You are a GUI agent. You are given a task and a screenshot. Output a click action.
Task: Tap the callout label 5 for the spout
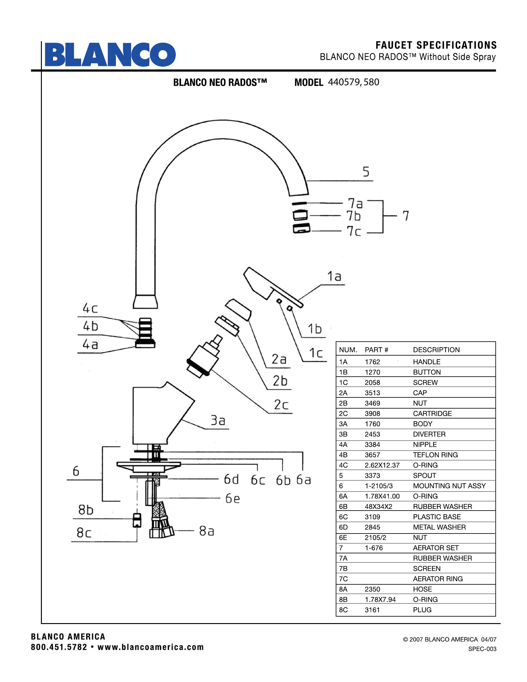tap(366, 172)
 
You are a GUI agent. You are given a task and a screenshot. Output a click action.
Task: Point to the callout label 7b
tap(354, 216)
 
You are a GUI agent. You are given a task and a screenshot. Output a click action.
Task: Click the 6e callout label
tap(232, 499)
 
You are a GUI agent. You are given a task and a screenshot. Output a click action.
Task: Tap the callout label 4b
tap(90, 326)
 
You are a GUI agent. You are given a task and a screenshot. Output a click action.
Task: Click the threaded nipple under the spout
tap(145, 333)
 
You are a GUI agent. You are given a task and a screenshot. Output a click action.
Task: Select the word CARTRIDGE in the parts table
tap(432, 414)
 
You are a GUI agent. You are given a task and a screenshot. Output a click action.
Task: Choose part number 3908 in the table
tap(372, 414)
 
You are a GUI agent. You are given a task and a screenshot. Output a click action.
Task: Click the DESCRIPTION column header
tap(436, 350)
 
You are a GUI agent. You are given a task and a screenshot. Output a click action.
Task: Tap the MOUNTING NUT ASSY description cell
tap(449, 486)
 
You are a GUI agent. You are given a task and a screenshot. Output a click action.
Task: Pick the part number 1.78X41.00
tap(382, 496)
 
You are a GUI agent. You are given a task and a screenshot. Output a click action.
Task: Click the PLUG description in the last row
tap(422, 610)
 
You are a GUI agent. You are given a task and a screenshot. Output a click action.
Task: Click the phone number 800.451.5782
tap(59, 647)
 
